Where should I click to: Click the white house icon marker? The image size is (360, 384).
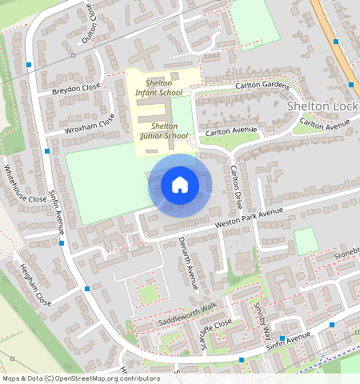180,185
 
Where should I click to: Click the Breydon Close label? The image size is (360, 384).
76,89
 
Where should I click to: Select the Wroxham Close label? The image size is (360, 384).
90,125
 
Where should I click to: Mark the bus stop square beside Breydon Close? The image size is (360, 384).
29,64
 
